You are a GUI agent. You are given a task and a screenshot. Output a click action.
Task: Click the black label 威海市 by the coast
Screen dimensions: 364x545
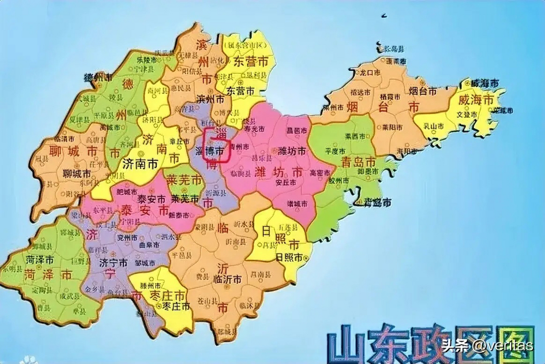point(485,84)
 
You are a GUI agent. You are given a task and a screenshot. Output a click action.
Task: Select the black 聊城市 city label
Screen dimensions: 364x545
point(77,173)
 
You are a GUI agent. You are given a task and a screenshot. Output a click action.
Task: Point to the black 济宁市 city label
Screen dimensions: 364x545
point(113,263)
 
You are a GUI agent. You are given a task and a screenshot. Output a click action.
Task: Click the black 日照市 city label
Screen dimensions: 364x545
point(289,257)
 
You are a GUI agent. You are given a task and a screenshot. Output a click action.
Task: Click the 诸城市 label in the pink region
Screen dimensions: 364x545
point(297,204)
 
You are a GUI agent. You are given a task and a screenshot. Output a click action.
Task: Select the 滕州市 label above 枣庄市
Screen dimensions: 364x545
point(150,286)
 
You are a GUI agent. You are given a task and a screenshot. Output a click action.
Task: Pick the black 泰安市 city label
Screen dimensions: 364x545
point(151,199)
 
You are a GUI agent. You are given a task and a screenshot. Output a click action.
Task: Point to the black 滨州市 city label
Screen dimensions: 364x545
point(210,99)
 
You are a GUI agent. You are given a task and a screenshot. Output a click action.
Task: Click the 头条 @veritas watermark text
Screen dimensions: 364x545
point(487,346)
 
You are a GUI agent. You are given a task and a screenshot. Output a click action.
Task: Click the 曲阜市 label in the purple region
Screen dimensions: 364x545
point(149,245)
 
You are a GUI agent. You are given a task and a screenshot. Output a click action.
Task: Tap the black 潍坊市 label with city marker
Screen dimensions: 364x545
point(292,151)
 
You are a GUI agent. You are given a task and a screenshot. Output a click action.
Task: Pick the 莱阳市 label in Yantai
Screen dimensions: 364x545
point(392,127)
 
